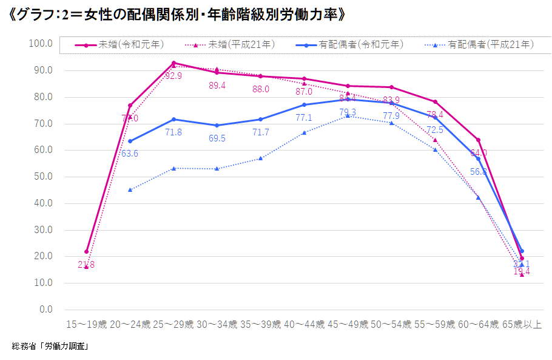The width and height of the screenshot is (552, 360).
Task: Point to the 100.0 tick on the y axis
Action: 42,44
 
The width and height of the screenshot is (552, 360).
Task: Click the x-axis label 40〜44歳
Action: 304,325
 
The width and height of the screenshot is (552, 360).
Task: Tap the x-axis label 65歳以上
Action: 522,325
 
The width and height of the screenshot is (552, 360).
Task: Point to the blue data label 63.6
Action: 130,154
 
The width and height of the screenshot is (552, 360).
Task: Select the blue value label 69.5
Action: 217,138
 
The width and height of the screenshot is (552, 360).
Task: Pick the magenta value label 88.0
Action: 261,89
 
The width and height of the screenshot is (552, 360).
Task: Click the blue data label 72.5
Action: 435,130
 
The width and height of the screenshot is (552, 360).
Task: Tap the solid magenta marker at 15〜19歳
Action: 87,251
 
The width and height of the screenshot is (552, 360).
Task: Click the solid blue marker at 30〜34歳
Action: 217,125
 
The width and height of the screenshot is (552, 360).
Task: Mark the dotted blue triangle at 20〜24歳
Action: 130,189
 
